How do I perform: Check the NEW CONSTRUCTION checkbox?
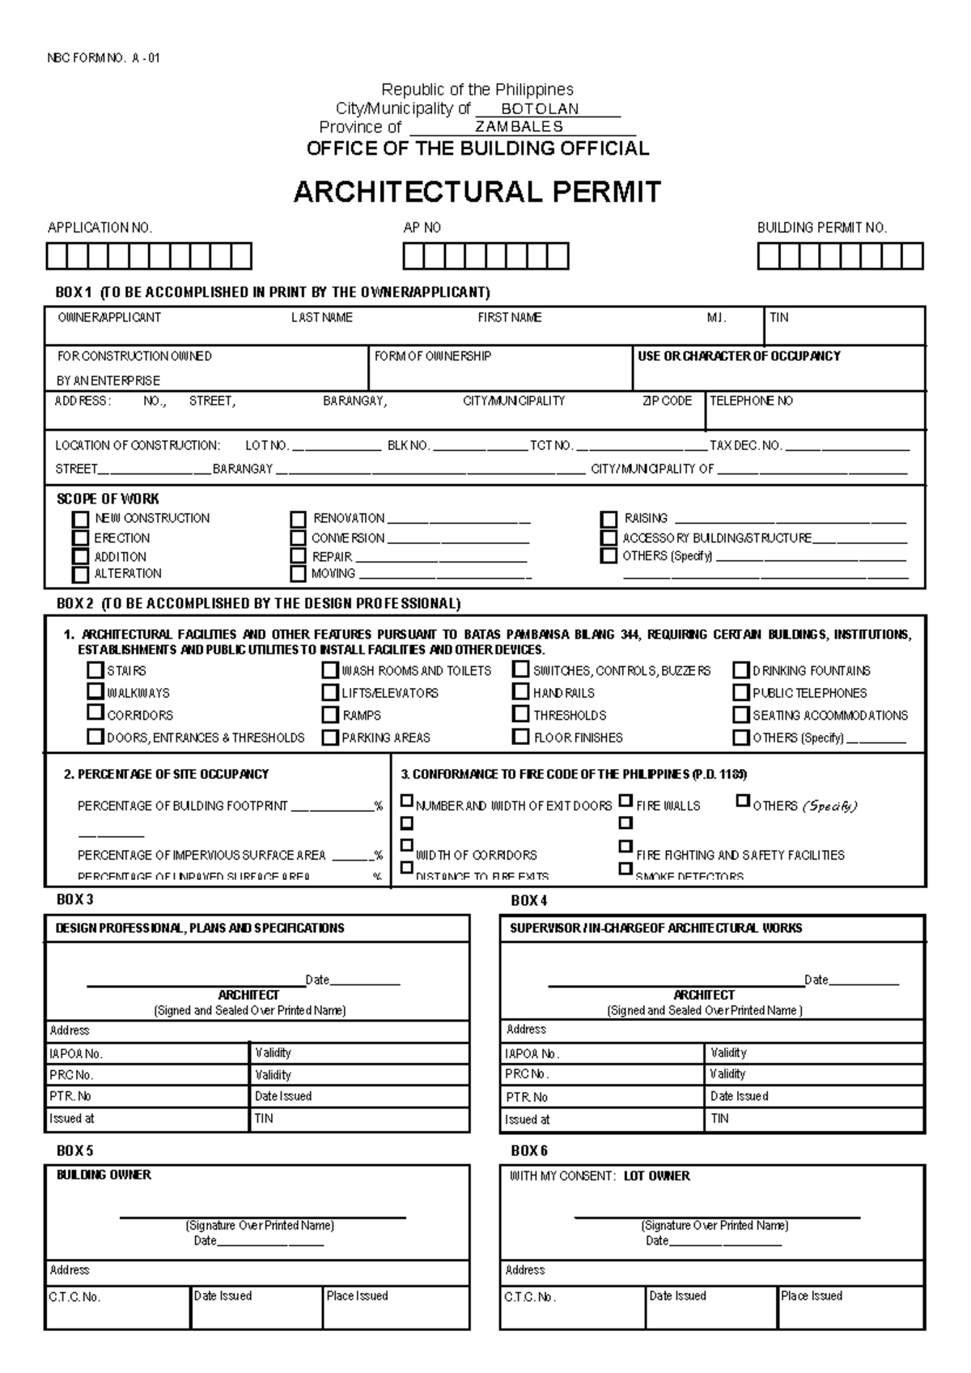coord(80,519)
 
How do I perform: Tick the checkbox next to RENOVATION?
coord(299,519)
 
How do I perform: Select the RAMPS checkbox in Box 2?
coord(329,715)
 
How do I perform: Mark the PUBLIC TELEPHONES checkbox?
coord(740,693)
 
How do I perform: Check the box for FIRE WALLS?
coord(625,801)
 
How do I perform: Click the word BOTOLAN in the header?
coord(540,108)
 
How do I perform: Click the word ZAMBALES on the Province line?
coord(519,127)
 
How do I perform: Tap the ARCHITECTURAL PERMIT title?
coord(477,192)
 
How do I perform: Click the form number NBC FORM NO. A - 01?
coord(103,58)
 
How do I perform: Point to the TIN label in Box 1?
coord(778,317)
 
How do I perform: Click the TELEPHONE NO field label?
coord(751,401)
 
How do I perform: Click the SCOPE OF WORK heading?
coord(108,499)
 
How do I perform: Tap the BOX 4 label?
coord(529,900)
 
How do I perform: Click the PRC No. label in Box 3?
coord(71,1075)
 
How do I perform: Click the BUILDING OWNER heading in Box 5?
coord(104,1175)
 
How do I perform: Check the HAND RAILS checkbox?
coord(521,692)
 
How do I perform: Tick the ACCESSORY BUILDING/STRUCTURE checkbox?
coord(608,538)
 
